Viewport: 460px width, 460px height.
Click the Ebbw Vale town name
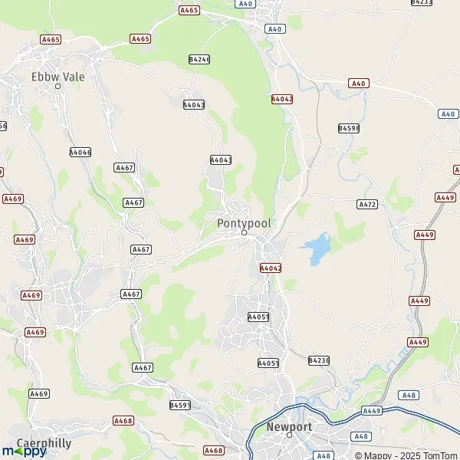point(58,77)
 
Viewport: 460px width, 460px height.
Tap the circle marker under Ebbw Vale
point(58,86)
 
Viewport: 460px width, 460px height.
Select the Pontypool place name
point(244,223)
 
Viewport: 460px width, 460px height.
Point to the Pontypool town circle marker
point(244,232)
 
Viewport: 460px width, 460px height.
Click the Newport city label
point(289,426)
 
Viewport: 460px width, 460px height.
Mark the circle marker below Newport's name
point(289,435)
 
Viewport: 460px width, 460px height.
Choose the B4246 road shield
point(199,59)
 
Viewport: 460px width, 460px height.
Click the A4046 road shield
point(80,153)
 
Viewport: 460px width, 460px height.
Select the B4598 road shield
point(349,128)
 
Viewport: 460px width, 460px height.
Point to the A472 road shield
point(368,205)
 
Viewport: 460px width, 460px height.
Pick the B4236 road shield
point(319,360)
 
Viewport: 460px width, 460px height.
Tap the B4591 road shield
point(180,404)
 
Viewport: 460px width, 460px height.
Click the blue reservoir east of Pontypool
point(316,249)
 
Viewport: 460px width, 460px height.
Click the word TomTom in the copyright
point(440,455)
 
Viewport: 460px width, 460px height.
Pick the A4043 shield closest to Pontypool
point(221,159)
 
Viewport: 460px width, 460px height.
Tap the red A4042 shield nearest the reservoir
point(271,268)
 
